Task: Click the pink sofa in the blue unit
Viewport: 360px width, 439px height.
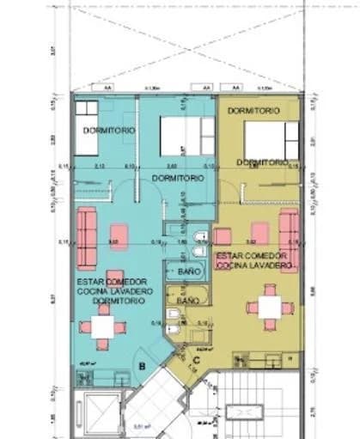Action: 86,235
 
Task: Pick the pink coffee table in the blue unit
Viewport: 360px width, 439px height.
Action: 119,235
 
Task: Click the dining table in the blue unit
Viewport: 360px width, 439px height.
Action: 102,326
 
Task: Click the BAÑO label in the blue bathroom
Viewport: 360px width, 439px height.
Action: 189,271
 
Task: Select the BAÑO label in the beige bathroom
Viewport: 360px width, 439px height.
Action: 187,302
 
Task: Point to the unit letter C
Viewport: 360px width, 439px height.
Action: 196,361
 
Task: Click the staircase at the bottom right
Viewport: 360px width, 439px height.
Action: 249,412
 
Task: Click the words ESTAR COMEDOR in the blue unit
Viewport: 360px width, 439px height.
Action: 111,282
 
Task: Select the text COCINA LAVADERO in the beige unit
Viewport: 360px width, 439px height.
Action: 255,266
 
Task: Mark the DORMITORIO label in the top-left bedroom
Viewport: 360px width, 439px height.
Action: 109,129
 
